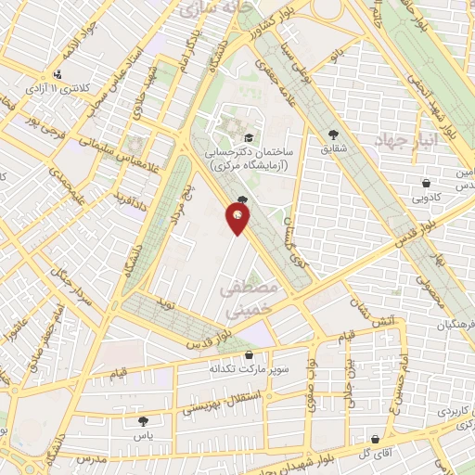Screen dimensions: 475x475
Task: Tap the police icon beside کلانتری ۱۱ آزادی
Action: (x=59, y=73)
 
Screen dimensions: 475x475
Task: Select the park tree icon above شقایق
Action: (x=333, y=133)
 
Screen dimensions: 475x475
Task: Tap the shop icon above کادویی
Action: (x=425, y=184)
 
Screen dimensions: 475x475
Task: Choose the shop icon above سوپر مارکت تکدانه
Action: (x=248, y=355)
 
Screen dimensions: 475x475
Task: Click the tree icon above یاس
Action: (x=142, y=421)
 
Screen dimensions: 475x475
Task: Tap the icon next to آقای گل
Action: (x=375, y=439)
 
